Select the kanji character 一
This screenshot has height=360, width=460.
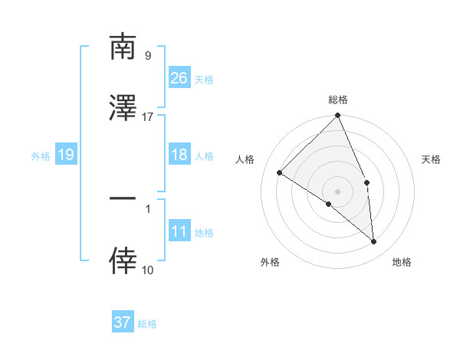click(x=123, y=198)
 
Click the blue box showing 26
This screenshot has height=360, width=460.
click(x=179, y=77)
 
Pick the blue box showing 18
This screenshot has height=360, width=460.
click(x=179, y=155)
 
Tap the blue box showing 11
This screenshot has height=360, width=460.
click(x=179, y=231)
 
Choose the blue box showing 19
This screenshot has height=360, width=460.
click(x=65, y=155)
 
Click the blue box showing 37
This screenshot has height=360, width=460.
click(x=122, y=322)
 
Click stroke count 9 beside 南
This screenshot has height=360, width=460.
click(x=147, y=55)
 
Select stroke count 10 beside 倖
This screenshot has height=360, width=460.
click(x=147, y=270)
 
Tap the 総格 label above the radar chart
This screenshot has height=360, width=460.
click(x=338, y=100)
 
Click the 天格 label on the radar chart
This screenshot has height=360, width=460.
click(x=432, y=159)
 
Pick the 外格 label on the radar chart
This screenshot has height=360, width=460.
click(x=270, y=262)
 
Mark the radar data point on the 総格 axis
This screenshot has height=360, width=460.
click(x=338, y=116)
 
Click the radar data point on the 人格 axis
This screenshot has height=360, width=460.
click(x=280, y=173)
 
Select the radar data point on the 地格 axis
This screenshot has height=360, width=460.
click(x=373, y=241)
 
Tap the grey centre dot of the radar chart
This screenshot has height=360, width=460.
click(x=338, y=191)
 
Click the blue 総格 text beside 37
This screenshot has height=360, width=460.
click(x=147, y=324)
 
